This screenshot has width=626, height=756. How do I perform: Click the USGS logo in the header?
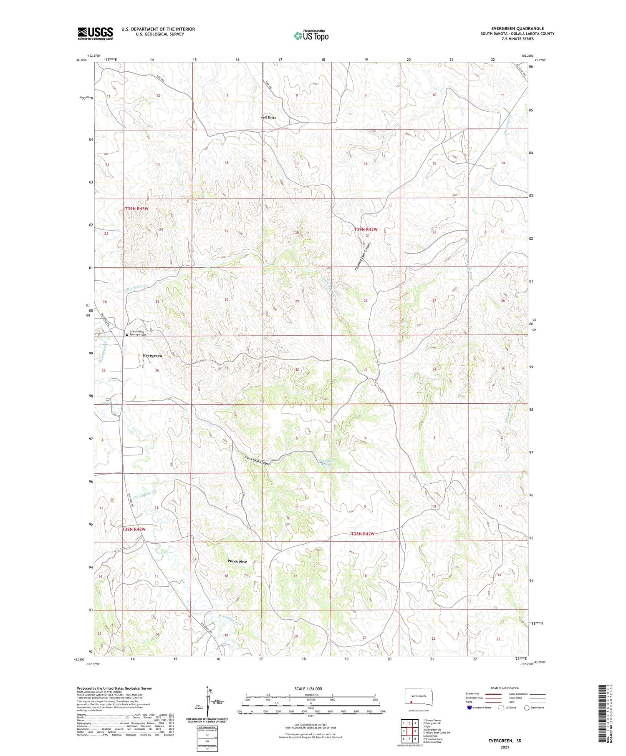(x=95, y=33)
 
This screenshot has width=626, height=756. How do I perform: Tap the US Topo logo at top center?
(x=311, y=35)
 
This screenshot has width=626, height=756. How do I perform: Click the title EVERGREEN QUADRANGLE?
(x=517, y=28)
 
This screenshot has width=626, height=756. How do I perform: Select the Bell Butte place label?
(x=268, y=118)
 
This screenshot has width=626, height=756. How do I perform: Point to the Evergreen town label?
(x=152, y=356)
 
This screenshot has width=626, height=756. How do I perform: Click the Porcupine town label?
(x=237, y=561)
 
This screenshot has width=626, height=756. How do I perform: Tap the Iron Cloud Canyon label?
(x=257, y=460)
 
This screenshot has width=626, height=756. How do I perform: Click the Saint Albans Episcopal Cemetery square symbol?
(x=127, y=334)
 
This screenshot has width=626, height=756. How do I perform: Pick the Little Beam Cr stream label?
(x=135, y=287)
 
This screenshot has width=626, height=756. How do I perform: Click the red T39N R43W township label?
(x=136, y=208)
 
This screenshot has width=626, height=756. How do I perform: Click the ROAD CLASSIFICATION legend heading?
(x=505, y=688)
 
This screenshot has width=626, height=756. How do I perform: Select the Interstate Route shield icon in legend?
(x=469, y=708)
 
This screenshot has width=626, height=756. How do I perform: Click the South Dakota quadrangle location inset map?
(x=419, y=698)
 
